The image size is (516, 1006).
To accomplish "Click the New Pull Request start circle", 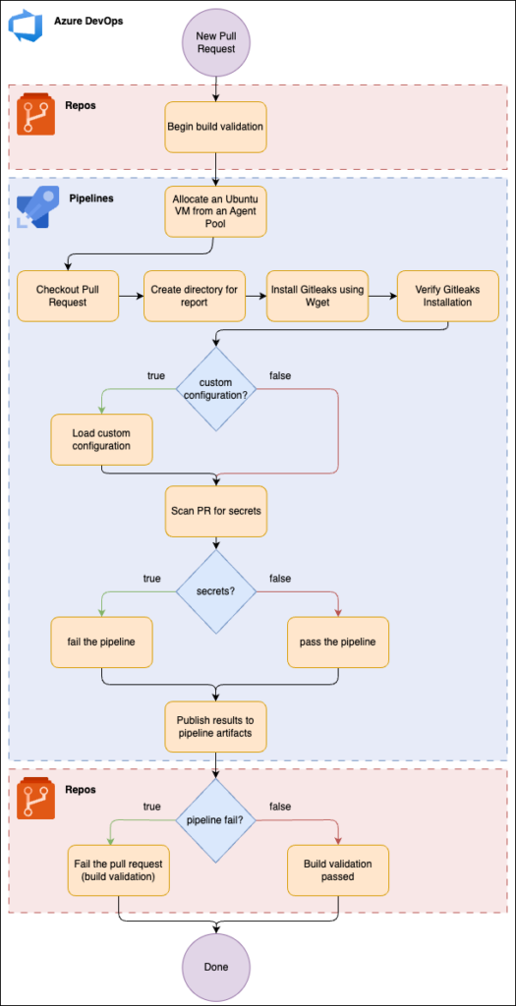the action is click(x=215, y=43).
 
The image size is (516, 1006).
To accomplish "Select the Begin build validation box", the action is click(x=215, y=127).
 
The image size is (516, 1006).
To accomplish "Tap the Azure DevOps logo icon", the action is click(x=25, y=26).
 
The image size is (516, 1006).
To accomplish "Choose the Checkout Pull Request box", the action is click(x=68, y=296).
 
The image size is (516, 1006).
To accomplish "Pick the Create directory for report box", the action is click(x=195, y=296).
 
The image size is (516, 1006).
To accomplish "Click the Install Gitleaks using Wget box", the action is click(x=317, y=296).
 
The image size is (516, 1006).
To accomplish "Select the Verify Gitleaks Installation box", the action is click(x=448, y=296).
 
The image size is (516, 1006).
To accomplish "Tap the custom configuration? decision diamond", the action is click(x=215, y=387).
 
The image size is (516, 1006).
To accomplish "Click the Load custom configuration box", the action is click(x=102, y=439).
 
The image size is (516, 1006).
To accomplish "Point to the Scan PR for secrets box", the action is click(x=215, y=511).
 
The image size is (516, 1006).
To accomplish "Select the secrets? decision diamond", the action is click(x=215, y=589).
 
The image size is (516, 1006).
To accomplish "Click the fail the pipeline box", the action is click(x=102, y=643).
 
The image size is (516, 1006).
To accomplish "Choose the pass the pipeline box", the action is click(x=338, y=643).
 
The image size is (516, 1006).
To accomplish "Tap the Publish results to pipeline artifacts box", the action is click(x=215, y=727).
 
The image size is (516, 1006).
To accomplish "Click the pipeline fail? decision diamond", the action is click(x=215, y=819).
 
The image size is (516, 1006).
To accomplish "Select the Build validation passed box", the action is click(x=338, y=870).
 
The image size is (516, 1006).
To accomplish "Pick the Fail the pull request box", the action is click(x=119, y=870).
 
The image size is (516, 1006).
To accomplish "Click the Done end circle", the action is click(x=215, y=967).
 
